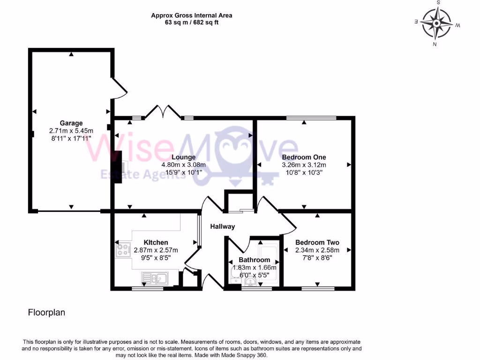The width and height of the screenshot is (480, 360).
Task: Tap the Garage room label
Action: coord(71,123)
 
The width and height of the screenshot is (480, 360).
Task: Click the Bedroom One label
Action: coord(304,157)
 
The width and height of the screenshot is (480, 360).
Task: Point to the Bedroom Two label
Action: coord(317,242)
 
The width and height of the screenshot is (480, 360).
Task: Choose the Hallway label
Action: coord(222,226)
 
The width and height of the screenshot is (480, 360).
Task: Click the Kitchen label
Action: coord(156,242)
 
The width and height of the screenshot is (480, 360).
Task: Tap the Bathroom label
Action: coord(254,260)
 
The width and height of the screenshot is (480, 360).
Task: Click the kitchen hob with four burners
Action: coord(123,250)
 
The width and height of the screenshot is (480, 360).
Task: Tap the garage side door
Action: coord(119,88)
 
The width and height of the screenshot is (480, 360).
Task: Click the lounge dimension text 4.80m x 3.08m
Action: coord(184,165)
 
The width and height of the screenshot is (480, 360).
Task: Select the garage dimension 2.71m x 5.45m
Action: coord(71,131)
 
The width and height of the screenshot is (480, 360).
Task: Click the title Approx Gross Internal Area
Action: coord(191,15)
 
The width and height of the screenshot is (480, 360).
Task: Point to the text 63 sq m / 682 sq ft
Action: coord(191,22)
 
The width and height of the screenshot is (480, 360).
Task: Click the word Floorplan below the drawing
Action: coord(46,312)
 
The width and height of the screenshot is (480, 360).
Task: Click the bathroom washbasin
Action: coord(251,282)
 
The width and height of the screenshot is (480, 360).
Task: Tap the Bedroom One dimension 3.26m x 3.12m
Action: coord(304,165)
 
